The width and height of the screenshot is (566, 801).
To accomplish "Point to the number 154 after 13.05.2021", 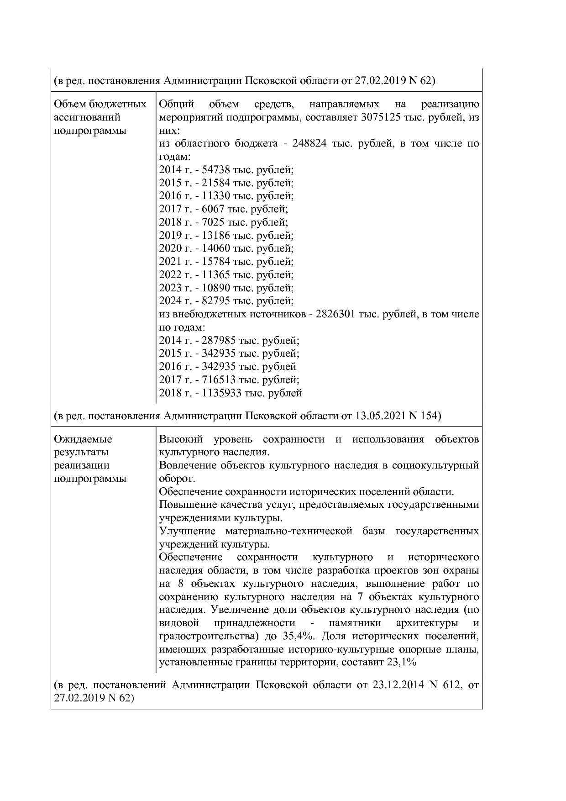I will [x=429, y=416].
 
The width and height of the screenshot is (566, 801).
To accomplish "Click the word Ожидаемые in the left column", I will [x=83, y=439].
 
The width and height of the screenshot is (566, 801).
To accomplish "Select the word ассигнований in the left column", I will [x=87, y=117].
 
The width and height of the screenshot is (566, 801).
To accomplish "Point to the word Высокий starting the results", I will [x=181, y=439].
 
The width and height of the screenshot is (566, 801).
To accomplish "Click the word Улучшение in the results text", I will [x=188, y=531].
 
